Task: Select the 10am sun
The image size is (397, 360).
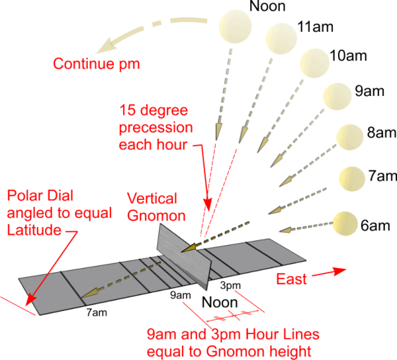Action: [314, 62]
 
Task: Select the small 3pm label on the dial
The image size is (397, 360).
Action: [229, 285]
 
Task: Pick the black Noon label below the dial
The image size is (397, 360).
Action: [220, 304]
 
